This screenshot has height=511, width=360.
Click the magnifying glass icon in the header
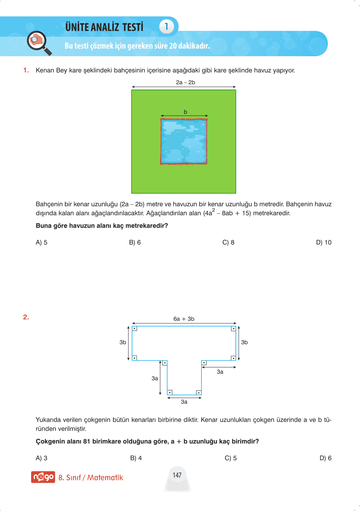coord(39,43)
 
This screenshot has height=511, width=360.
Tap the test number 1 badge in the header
coord(166,26)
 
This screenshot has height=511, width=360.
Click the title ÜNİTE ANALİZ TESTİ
coord(104,27)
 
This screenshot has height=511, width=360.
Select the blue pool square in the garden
coord(184,141)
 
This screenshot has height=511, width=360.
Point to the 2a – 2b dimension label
coord(185,82)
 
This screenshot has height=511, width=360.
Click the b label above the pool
coord(185,112)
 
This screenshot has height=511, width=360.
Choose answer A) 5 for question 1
coord(41,243)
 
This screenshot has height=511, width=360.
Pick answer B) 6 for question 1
coord(135,243)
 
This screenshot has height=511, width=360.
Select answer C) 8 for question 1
coord(228,243)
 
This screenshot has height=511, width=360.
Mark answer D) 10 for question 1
coord(323,243)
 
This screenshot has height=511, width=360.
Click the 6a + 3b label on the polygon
coord(184,319)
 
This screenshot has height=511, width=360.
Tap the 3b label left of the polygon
coord(123,342)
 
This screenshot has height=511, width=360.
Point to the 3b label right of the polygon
coord(244,342)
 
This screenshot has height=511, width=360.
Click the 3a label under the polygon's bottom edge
coord(184,402)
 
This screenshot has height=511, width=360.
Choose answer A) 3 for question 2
coord(41,458)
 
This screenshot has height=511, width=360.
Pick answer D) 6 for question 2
coord(325,458)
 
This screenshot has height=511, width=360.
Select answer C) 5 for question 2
coord(230,458)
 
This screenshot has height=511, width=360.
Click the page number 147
coord(177,475)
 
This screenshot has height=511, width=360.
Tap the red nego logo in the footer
coord(43,477)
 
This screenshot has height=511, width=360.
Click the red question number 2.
coord(26,317)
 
